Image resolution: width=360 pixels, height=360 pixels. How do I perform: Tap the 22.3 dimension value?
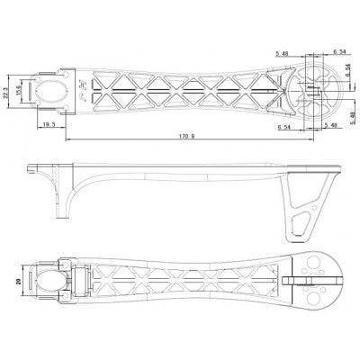click(x=7, y=92)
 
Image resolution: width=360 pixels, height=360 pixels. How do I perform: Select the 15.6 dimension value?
click(x=19, y=92)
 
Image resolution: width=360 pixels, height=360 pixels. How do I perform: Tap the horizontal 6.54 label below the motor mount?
click(x=285, y=128)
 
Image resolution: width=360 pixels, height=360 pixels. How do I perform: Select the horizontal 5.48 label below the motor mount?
click(x=328, y=128)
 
